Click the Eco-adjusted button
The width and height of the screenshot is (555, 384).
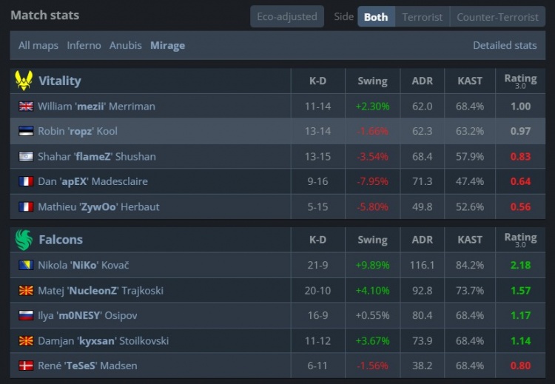pos(286,16)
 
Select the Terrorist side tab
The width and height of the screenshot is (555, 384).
pos(422,16)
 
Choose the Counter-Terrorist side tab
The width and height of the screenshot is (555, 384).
pos(497,16)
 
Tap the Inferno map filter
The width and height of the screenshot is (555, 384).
pos(84,45)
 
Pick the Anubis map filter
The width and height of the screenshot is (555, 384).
pos(125,45)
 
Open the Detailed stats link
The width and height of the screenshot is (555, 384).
pos(505,45)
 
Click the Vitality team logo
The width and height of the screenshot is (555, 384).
pos(24,81)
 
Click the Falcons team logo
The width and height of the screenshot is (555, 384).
pos(24,239)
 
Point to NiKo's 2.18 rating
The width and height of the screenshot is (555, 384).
pos(520,265)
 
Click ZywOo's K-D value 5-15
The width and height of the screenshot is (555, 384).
pos(317,206)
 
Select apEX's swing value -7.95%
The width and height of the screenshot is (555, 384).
pos(372,181)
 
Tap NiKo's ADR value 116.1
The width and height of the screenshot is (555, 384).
pos(422,265)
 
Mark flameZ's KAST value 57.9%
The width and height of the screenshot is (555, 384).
pos(470,156)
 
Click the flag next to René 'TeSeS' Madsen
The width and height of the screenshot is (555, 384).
pos(26,366)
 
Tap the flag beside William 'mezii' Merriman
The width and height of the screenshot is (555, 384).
pos(26,106)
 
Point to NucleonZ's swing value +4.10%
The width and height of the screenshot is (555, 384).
pos(372,290)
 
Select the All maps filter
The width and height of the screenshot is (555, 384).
pos(38,45)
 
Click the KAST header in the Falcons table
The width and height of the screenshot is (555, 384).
pos(470,240)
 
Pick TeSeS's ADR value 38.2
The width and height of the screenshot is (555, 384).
pos(422,366)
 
